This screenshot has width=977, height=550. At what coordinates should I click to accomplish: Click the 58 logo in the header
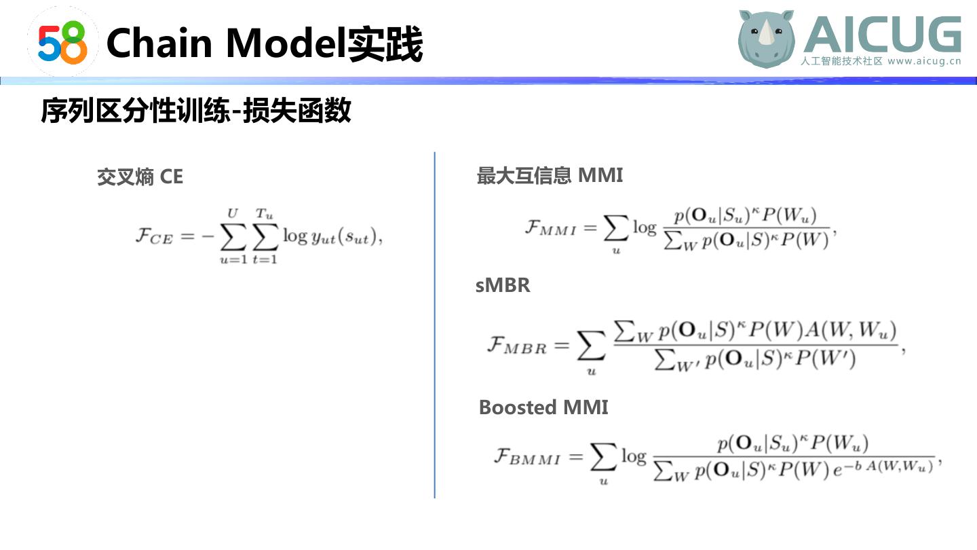click(62, 41)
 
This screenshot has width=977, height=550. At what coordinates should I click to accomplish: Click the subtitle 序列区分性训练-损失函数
click(196, 111)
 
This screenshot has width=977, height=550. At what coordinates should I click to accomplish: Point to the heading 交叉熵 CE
click(140, 177)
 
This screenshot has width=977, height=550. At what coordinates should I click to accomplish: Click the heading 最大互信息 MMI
click(550, 175)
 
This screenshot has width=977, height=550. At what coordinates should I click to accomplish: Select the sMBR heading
click(502, 285)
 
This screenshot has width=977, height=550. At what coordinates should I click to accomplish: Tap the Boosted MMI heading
click(543, 407)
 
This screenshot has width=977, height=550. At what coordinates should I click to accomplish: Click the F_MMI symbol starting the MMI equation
click(550, 227)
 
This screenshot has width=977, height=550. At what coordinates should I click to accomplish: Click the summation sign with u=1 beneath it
click(233, 237)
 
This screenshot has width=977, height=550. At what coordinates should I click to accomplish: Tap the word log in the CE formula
click(294, 236)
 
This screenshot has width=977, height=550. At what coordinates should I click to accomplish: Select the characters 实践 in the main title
click(385, 44)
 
